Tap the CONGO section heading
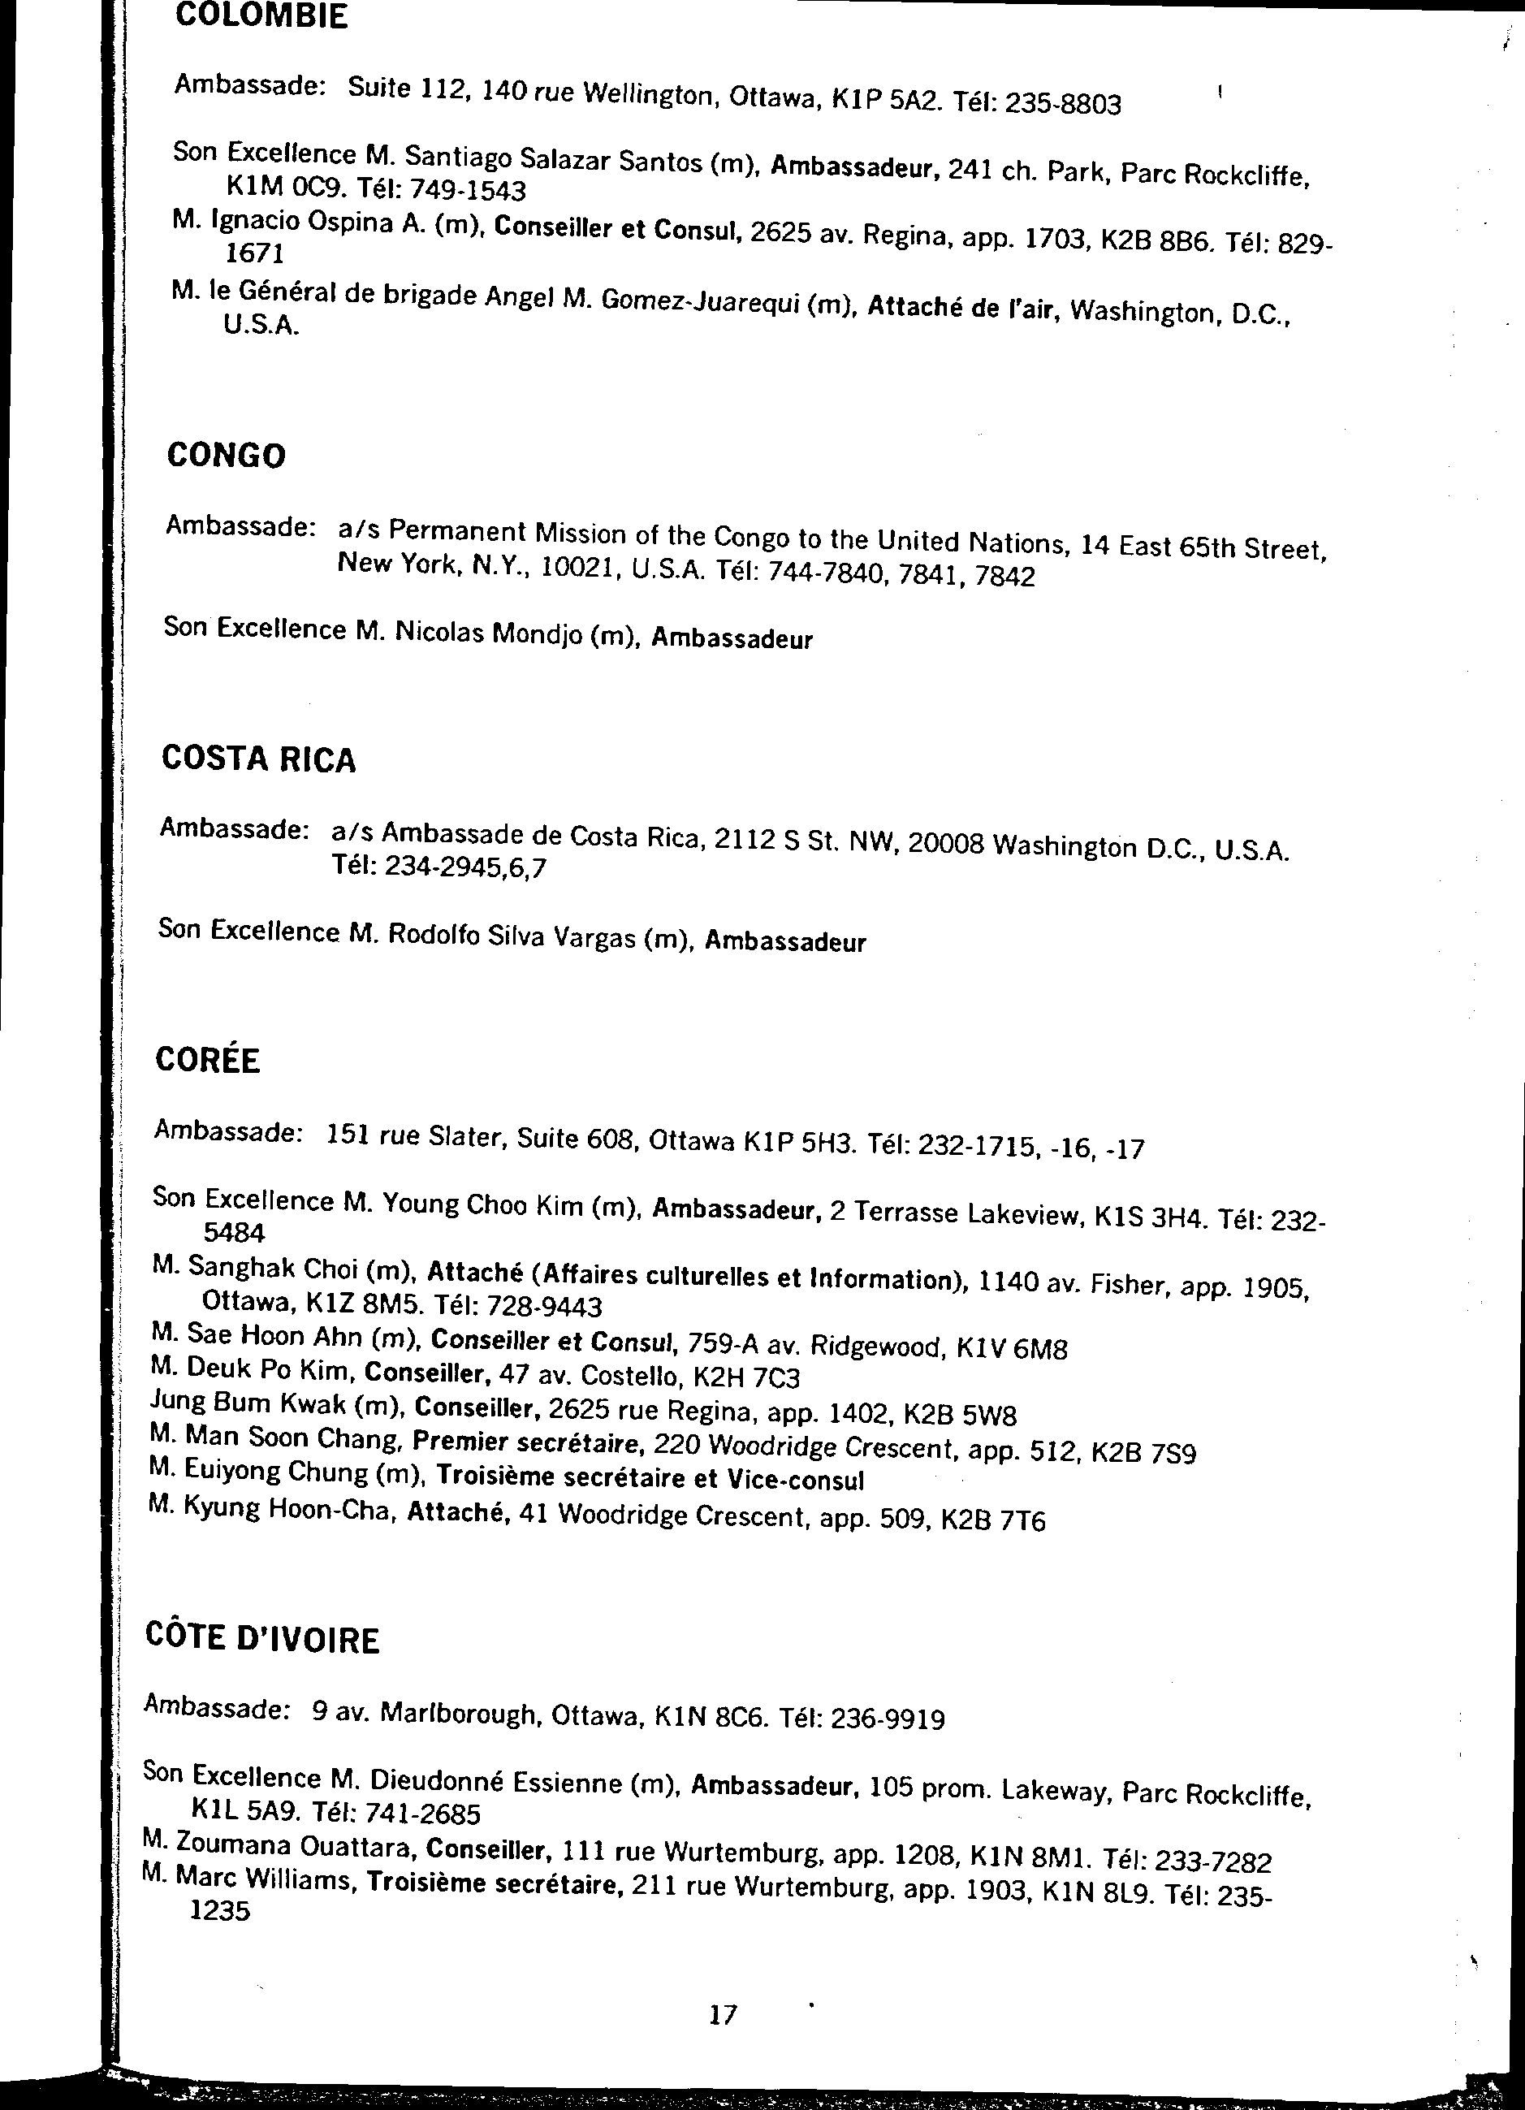click(x=226, y=456)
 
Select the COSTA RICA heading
click(x=259, y=759)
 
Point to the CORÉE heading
click(x=208, y=1060)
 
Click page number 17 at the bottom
click(x=722, y=2015)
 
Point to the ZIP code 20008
click(x=945, y=843)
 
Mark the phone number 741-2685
click(x=421, y=1814)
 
